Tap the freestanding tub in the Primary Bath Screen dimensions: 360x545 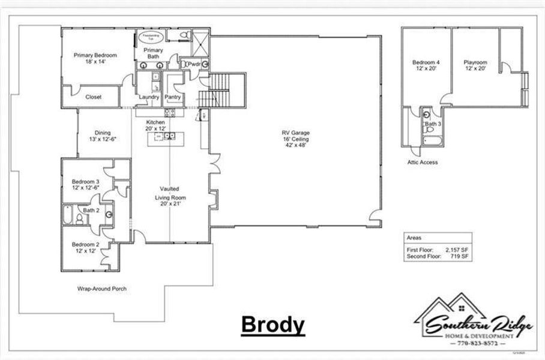point(148,37)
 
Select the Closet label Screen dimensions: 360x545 point(94,97)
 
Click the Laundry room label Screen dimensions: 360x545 point(148,97)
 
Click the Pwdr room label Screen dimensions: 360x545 point(194,64)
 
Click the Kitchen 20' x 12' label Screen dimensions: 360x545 point(155,125)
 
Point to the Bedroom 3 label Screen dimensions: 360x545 point(85,184)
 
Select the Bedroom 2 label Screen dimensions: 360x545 point(85,247)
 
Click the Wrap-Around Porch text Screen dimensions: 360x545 point(101,289)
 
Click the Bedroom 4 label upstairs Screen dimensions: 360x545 point(426,65)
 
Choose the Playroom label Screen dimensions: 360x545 point(475,65)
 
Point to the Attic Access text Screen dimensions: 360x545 point(422,162)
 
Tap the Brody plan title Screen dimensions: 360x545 point(272,325)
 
